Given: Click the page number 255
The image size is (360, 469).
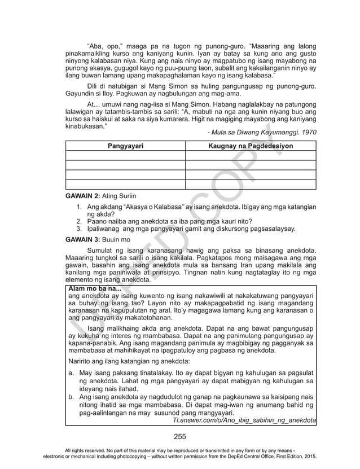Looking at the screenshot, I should pyautogui.click(x=180, y=435).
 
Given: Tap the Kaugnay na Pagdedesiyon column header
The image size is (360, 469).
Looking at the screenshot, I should pyautogui.click(x=251, y=146).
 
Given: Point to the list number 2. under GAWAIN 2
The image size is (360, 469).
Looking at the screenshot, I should pyautogui.click(x=79, y=221).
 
